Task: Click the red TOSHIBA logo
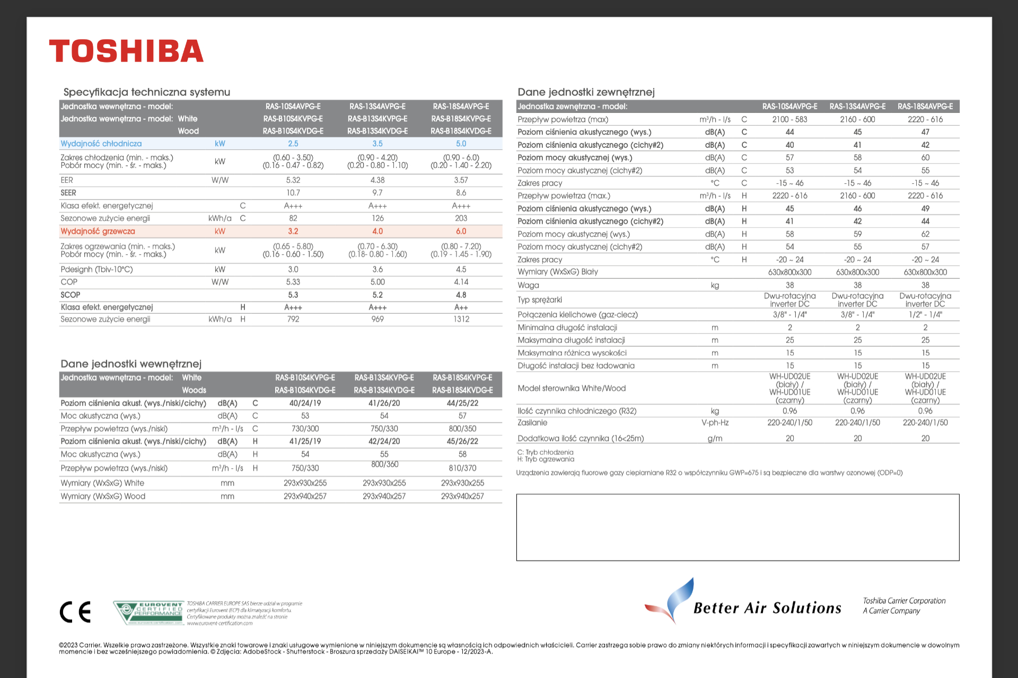click(126, 51)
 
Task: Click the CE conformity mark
click(75, 612)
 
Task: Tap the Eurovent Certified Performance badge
click(149, 612)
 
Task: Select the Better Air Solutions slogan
click(767, 608)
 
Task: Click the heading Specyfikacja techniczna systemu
click(147, 92)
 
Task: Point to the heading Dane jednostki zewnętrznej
click(586, 92)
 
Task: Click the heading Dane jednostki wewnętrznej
click(131, 364)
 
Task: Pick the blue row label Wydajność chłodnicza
click(101, 144)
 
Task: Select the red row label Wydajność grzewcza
click(98, 231)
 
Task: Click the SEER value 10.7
click(293, 193)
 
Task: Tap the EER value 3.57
click(461, 180)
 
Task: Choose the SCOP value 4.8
click(461, 295)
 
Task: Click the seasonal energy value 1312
click(461, 319)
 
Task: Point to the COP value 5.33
click(293, 282)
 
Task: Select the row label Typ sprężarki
click(540, 300)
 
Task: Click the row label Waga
click(528, 285)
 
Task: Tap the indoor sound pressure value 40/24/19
click(305, 403)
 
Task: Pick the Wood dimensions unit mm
click(227, 496)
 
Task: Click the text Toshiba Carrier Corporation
click(904, 601)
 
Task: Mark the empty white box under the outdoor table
click(738, 527)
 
